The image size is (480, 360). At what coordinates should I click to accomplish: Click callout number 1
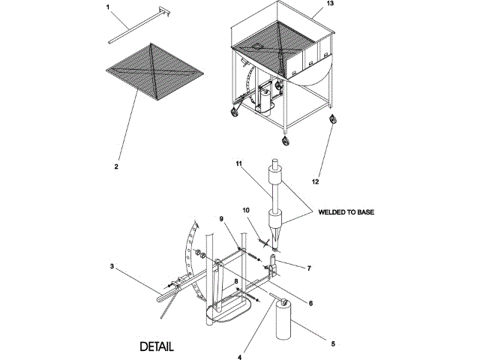(x=108, y=7)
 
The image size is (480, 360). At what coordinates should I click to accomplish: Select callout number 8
(x=237, y=282)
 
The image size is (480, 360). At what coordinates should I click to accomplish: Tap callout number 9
(x=222, y=218)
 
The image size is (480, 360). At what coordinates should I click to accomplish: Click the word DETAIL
(x=157, y=347)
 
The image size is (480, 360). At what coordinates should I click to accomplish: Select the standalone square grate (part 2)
(x=154, y=70)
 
